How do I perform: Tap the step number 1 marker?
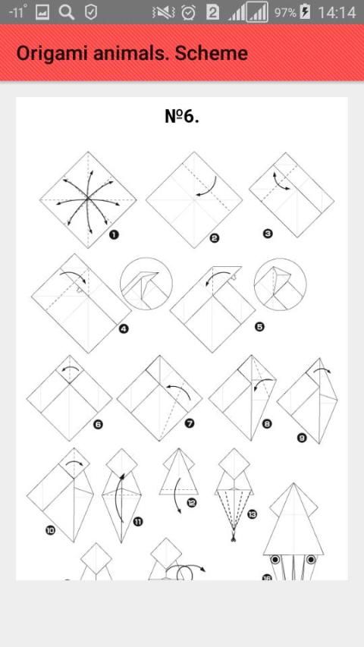click(114, 235)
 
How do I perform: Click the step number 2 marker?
click(214, 237)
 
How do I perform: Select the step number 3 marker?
click(268, 234)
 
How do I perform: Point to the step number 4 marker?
click(124, 328)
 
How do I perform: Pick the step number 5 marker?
click(259, 327)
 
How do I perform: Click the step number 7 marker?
click(190, 423)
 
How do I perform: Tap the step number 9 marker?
click(302, 438)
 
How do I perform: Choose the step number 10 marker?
click(50, 530)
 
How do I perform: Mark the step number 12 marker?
click(192, 503)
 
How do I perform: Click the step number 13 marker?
click(252, 514)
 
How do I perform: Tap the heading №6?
click(182, 116)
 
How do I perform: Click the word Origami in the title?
click(52, 54)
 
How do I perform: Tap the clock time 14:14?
click(337, 12)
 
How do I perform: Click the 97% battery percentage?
click(285, 12)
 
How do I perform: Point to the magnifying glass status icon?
click(67, 12)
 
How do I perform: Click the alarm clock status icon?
click(188, 12)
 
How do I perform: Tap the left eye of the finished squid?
click(275, 560)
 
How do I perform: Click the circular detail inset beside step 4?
click(146, 284)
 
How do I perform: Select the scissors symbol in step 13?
click(233, 536)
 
